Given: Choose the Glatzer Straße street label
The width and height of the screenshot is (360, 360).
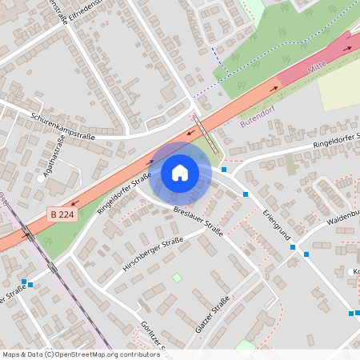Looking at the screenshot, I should [212, 314].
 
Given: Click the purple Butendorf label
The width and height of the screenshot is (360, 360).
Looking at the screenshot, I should [258, 119].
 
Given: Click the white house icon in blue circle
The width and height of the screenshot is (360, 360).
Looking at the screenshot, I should [180, 173].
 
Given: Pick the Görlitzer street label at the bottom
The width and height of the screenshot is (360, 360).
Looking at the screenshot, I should [152, 336].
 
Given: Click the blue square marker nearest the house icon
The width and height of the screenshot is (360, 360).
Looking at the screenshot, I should [225, 170].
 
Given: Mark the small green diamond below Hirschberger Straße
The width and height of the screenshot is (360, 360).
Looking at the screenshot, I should [177, 278].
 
